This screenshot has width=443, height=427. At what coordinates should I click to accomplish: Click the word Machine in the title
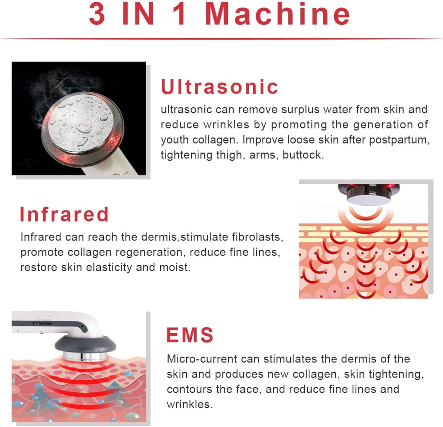[x=278, y=14]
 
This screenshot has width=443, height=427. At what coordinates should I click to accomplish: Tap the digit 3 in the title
[x=97, y=14]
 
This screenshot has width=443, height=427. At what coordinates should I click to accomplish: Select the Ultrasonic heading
[x=219, y=87]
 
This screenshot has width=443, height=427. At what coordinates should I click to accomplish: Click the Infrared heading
[x=64, y=214]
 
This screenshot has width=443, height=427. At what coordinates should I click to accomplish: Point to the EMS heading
[x=190, y=335]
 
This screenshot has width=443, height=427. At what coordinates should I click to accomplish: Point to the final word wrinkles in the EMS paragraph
[x=190, y=404]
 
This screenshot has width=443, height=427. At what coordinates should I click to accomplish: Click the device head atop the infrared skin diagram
[x=369, y=194]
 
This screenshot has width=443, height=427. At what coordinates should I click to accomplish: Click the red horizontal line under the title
[x=221, y=39]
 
